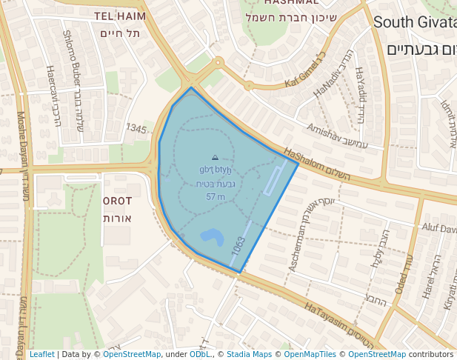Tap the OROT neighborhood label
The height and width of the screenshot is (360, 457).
pyautogui.click(x=117, y=201)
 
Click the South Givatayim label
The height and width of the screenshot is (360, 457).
pyautogui.click(x=415, y=21)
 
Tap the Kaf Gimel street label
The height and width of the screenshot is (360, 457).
pyautogui.click(x=304, y=67)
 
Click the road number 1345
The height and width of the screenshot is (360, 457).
pyautogui.click(x=136, y=129)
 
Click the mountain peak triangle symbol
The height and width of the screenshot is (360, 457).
pyautogui.click(x=215, y=158)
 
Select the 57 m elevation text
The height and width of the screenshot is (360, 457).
pyautogui.click(x=216, y=196)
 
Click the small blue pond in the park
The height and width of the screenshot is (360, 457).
pyautogui.click(x=212, y=237)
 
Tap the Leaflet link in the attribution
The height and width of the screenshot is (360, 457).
pyautogui.click(x=41, y=355)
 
